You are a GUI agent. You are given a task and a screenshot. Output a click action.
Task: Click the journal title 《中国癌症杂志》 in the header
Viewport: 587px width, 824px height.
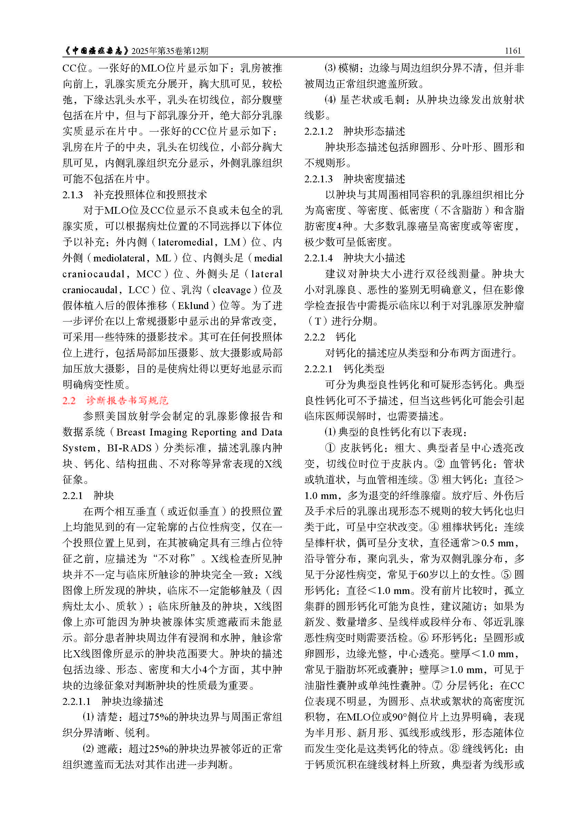pyautogui.click(x=96, y=51)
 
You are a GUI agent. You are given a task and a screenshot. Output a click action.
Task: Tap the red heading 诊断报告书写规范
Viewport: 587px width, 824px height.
pyautogui.click(x=127, y=400)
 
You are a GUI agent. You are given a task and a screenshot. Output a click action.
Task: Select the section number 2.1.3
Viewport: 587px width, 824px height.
pyautogui.click(x=73, y=195)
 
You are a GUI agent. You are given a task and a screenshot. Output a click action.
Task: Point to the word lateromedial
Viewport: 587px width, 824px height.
pyautogui.click(x=185, y=242)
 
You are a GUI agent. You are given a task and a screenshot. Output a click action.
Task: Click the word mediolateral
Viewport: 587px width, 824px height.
pyautogui.click(x=119, y=258)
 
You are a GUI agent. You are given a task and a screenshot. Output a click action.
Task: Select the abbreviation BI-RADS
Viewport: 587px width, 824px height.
pyautogui.click(x=129, y=448)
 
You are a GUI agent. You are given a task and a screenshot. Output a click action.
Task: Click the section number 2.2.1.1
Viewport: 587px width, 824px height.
pyautogui.click(x=77, y=701)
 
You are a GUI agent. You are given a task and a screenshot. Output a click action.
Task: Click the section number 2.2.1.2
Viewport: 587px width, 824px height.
pyautogui.click(x=319, y=131)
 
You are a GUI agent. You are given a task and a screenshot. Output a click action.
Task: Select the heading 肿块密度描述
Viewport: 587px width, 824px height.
pyautogui.click(x=374, y=179)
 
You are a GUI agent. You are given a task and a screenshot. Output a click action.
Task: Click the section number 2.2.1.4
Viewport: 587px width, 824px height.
pyautogui.click(x=319, y=258)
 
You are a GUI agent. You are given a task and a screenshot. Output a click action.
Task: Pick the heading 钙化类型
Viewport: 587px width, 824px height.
pyautogui.click(x=364, y=368)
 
